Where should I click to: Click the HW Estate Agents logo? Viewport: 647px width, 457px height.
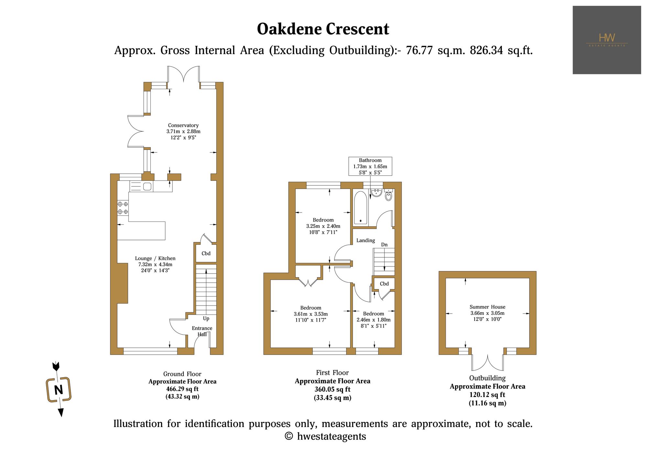(x=607, y=40)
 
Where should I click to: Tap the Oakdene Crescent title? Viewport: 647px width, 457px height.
(x=323, y=29)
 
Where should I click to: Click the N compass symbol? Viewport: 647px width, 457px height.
(x=59, y=389)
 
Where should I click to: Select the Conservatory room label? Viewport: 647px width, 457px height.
(x=183, y=125)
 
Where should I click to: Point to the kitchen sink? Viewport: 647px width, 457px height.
(x=147, y=186)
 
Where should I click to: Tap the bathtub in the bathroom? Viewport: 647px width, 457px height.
(x=360, y=208)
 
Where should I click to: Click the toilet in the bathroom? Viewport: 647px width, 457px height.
(x=389, y=195)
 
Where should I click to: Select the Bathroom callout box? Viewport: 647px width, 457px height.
(x=370, y=166)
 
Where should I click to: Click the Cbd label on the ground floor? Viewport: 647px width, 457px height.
(x=206, y=254)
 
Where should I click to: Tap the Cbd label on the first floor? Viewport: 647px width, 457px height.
(x=384, y=284)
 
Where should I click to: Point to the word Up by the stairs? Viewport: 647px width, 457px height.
(x=206, y=319)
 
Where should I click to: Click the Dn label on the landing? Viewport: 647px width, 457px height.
(x=384, y=245)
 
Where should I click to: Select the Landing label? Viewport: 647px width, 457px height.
(x=366, y=241)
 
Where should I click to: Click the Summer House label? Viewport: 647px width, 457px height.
(x=487, y=307)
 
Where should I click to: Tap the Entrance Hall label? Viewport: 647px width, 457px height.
(x=202, y=331)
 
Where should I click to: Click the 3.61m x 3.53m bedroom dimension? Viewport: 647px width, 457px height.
(x=311, y=314)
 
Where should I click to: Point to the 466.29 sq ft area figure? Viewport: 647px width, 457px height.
(x=182, y=389)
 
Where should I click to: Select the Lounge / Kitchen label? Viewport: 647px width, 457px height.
(x=155, y=258)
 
